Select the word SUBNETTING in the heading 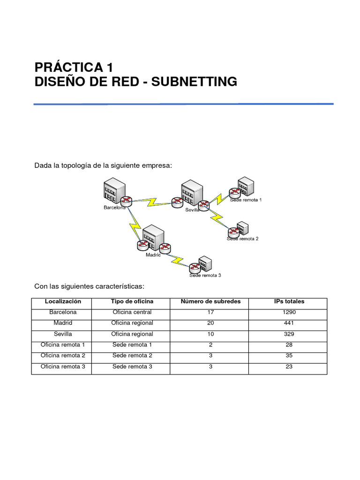[194, 82]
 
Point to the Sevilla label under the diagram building [192, 210]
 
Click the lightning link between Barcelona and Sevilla [152, 202]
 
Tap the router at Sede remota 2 [233, 232]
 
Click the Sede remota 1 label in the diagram [246, 200]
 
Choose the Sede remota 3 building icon [205, 263]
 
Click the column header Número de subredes [210, 301]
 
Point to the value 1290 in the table [289, 312]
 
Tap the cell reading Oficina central [132, 312]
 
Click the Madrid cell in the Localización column [63, 323]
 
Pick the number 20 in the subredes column [210, 323]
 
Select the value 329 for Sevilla [289, 334]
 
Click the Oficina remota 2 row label [63, 356]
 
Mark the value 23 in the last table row [289, 367]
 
